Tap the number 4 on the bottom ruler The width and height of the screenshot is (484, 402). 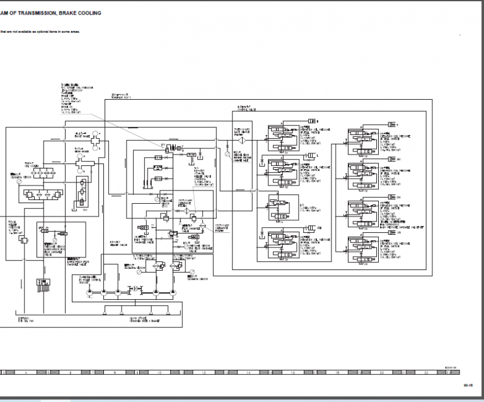click(26, 373)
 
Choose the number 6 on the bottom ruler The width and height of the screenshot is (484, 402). click(71, 373)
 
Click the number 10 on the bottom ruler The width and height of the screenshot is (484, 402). click(159, 373)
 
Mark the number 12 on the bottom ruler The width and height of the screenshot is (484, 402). click(204, 373)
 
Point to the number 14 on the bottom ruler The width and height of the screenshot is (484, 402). click(248, 373)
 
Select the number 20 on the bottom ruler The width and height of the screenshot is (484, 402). click(382, 373)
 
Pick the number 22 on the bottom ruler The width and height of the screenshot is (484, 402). click(426, 373)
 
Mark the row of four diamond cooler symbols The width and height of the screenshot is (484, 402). click(43, 192)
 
